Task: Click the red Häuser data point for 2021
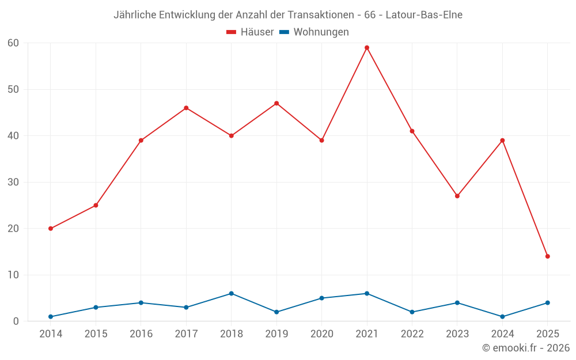tap(367, 48)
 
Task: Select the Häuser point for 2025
tap(548, 256)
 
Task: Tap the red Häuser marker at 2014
tap(51, 229)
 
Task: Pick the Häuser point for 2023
tap(457, 196)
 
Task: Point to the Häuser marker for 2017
tap(186, 108)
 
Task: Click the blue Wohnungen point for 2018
tap(232, 293)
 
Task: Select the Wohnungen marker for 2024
tap(503, 317)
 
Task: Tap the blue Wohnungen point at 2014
tap(51, 317)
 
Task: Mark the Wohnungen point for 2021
tap(367, 293)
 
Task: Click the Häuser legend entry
tap(251, 32)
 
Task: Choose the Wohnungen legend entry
tap(314, 32)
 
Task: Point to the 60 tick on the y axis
tap(13, 43)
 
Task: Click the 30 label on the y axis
tap(13, 182)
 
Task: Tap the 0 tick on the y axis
tap(16, 321)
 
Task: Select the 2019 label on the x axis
tap(276, 334)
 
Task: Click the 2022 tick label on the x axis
tap(412, 334)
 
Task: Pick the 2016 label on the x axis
tap(141, 334)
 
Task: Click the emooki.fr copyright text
tap(525, 348)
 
